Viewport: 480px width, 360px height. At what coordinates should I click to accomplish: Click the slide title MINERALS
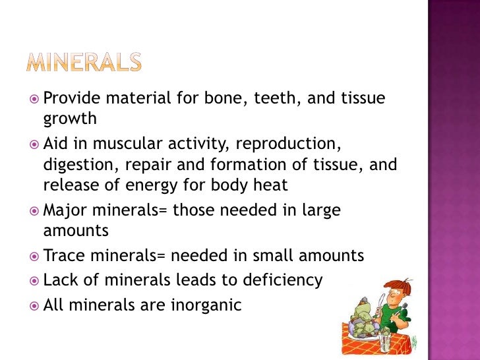click(84, 63)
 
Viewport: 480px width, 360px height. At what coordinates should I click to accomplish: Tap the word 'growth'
click(70, 120)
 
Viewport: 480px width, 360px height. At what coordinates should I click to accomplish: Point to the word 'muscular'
click(134, 144)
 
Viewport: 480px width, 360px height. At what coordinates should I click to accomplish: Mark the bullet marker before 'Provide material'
click(35, 100)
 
